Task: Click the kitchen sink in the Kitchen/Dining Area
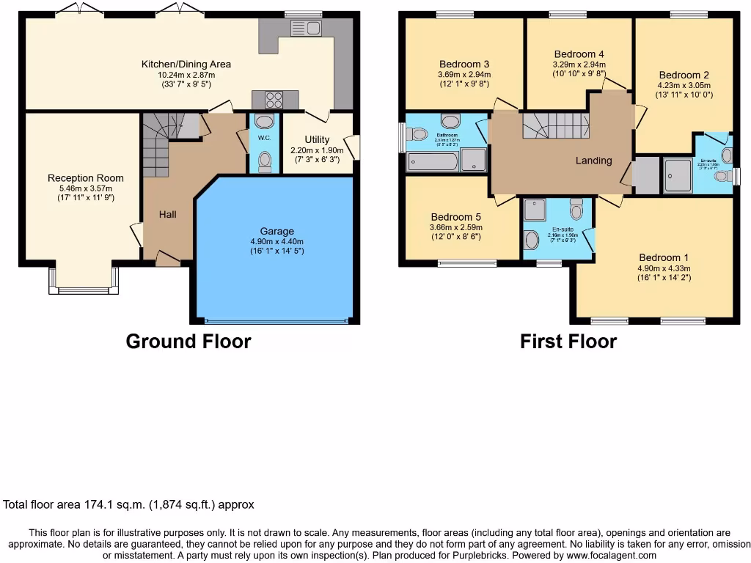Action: (307, 29)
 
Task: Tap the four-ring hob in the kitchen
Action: (273, 100)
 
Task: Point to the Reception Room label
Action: (86, 178)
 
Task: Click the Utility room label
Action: (317, 139)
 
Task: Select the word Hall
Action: (167, 214)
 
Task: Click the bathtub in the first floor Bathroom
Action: (433, 161)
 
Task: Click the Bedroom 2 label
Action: (684, 75)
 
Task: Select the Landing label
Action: (593, 161)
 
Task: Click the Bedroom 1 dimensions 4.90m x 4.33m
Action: (664, 268)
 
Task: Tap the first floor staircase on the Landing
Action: (556, 125)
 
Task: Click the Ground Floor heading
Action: (188, 342)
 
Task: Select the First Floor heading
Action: (568, 342)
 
